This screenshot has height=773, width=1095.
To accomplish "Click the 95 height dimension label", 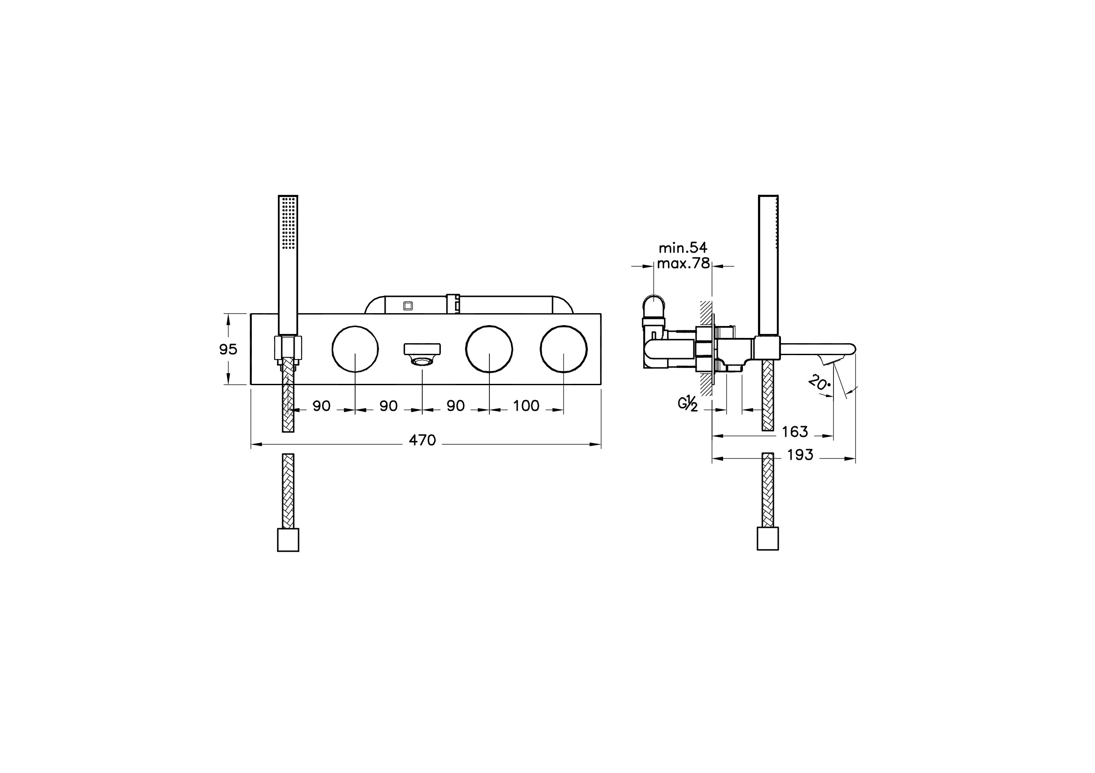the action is [x=228, y=349].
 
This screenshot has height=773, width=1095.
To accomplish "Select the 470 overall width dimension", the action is [x=423, y=440].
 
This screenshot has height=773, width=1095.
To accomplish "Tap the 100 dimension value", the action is [x=526, y=406].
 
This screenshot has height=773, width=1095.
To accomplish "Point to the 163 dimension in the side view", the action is [x=795, y=432].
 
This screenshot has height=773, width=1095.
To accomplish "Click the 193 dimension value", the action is [x=800, y=455].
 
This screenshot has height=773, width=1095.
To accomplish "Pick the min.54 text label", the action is [x=683, y=247].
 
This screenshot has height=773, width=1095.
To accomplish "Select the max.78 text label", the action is [x=683, y=263].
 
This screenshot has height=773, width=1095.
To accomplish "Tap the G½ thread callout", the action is [x=688, y=404].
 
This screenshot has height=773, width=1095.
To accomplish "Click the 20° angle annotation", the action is [x=819, y=383].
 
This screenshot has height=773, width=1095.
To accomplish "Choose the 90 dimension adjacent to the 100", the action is [x=455, y=406].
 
